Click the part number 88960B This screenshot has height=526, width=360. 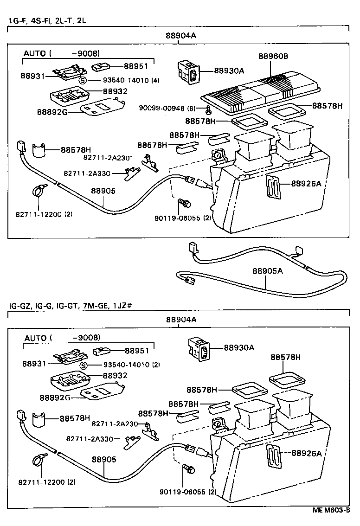(273, 56)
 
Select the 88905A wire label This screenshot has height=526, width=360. (267, 271)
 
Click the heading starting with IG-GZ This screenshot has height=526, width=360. (71, 306)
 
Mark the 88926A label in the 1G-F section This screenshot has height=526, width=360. (306, 184)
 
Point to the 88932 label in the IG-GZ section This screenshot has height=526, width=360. (115, 375)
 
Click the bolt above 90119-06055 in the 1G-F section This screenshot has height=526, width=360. (186, 203)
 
